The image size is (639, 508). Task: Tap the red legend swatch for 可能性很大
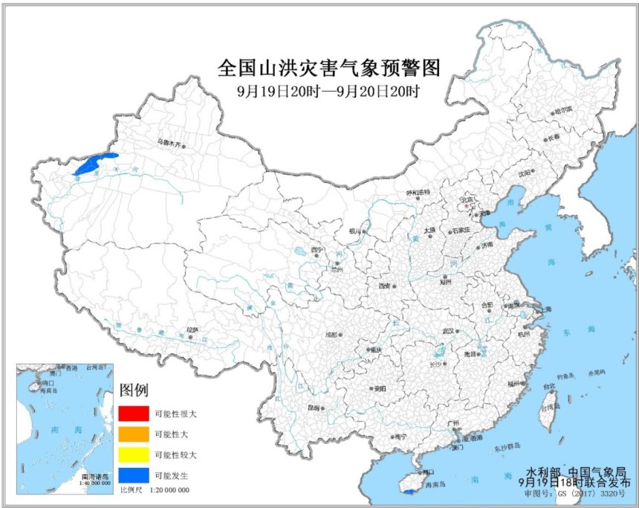click(x=132, y=412)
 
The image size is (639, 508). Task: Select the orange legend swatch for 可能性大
click(x=132, y=433)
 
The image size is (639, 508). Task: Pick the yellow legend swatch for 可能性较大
click(x=132, y=454)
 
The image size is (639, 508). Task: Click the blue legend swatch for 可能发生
click(x=132, y=475)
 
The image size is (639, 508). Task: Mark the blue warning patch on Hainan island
click(x=409, y=492)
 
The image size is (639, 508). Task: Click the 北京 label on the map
click(x=467, y=199)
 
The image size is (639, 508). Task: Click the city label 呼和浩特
click(x=418, y=193)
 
